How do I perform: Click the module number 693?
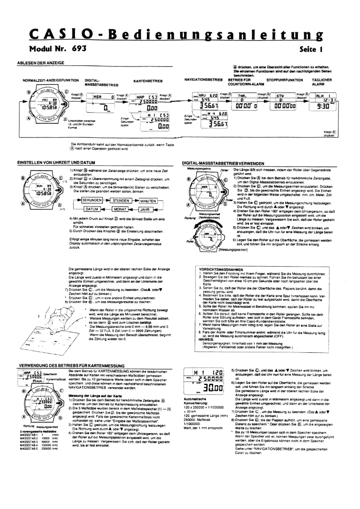[73, 47]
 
